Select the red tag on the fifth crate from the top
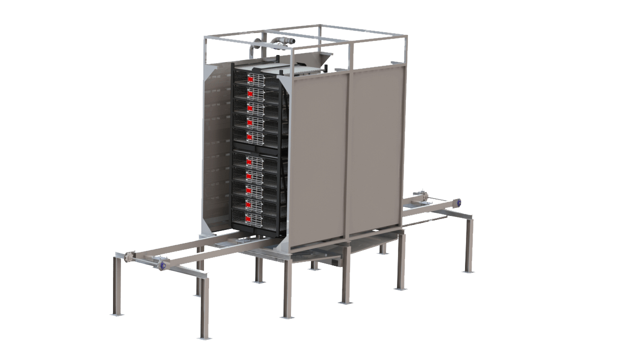(249, 136)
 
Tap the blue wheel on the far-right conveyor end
(456, 203)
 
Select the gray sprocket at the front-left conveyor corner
(129, 257)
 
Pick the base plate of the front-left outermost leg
(115, 314)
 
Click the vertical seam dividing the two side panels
(347, 155)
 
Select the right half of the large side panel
(375, 150)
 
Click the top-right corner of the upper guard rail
(406, 36)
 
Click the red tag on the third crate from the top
(250, 107)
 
